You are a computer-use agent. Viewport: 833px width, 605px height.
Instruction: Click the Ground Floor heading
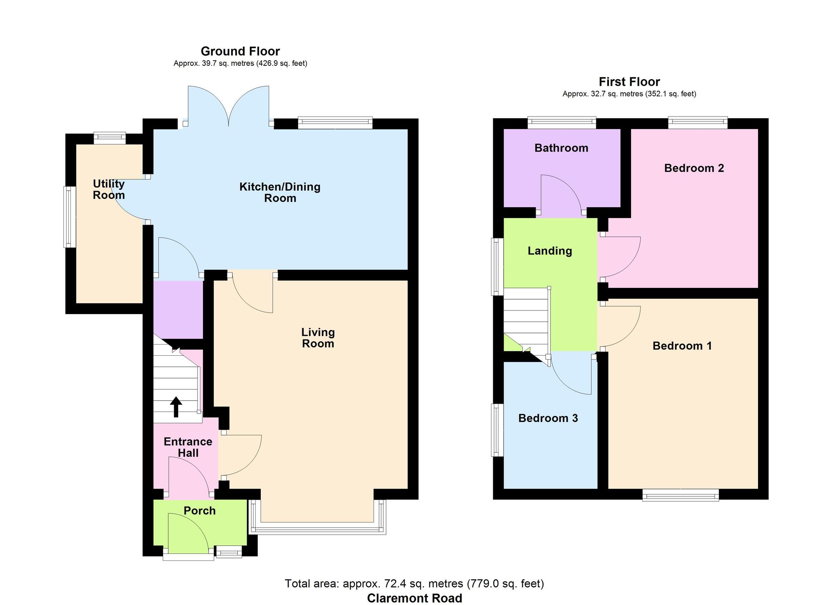point(240,51)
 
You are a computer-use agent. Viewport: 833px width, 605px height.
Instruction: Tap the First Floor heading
point(629,82)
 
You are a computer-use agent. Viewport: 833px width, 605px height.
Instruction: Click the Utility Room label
point(109,189)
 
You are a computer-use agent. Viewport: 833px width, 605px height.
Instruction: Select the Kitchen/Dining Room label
point(280,192)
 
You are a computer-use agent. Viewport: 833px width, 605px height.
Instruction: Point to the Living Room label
point(318,338)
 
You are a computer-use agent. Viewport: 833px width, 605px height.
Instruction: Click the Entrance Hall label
point(188,447)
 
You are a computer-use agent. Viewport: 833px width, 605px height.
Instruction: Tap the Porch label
point(200,511)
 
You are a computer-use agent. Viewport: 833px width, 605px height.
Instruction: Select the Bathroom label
point(561,148)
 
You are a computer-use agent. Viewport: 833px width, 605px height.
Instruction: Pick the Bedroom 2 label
point(694,168)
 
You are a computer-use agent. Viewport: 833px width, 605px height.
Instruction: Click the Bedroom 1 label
point(682,346)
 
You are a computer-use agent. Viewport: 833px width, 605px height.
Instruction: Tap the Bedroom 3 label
point(548,418)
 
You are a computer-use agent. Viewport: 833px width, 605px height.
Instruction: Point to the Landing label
point(550,250)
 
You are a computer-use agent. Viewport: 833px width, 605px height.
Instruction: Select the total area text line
point(414,584)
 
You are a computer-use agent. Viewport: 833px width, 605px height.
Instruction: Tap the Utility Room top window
point(110,138)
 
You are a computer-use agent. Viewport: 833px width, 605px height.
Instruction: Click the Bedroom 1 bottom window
point(680,495)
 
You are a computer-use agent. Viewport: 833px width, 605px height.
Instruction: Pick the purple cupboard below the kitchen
point(178,310)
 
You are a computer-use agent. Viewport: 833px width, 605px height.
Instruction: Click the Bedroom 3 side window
point(497,430)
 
